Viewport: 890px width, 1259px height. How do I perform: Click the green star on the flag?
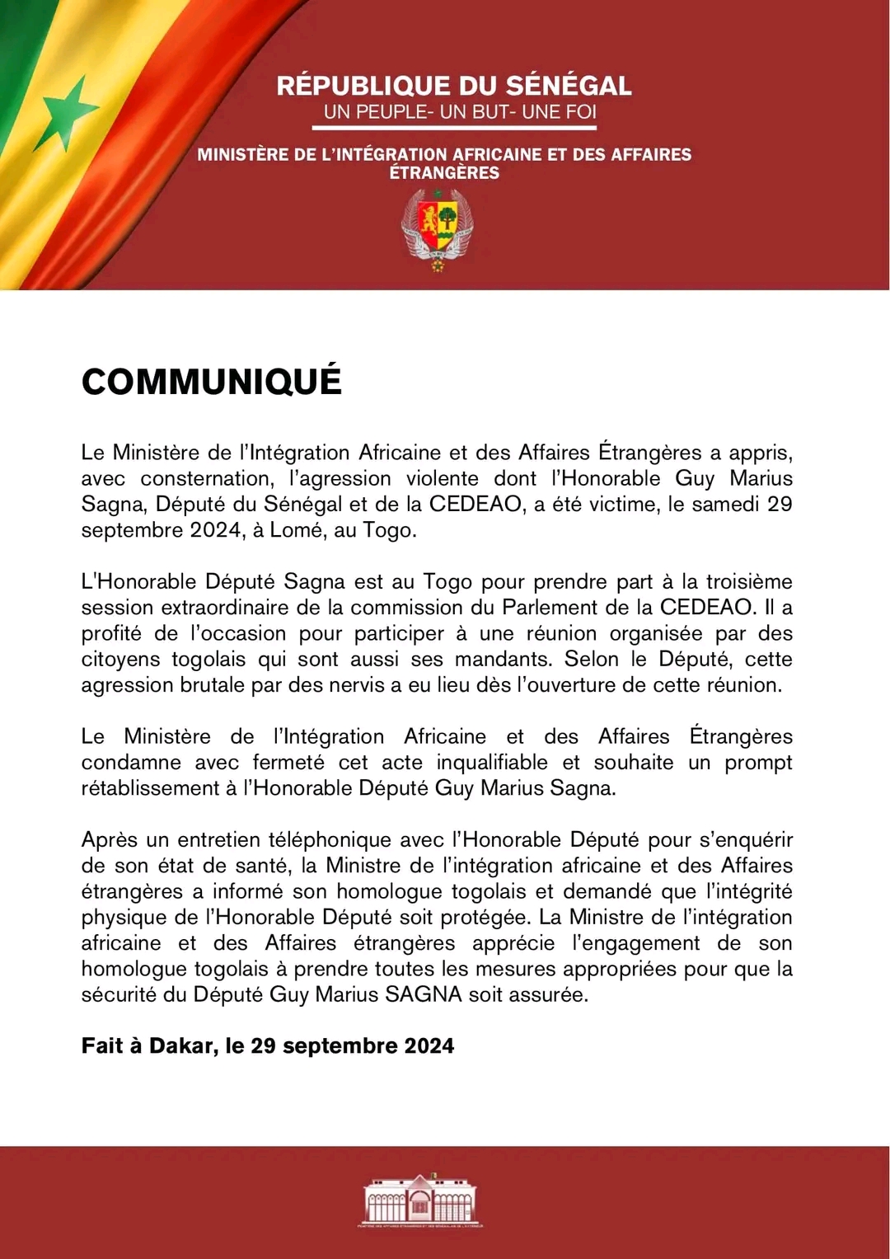pos(68,113)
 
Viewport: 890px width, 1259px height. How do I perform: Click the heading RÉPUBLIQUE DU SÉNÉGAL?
pos(454,86)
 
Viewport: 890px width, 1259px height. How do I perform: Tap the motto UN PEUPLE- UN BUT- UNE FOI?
pos(460,112)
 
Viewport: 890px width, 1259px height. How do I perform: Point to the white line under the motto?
pos(454,128)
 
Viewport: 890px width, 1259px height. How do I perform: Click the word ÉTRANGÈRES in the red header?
pos(444,173)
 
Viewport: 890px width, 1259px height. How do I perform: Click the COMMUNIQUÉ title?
pos(212,382)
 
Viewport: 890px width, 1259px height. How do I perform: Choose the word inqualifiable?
pos(492,762)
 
